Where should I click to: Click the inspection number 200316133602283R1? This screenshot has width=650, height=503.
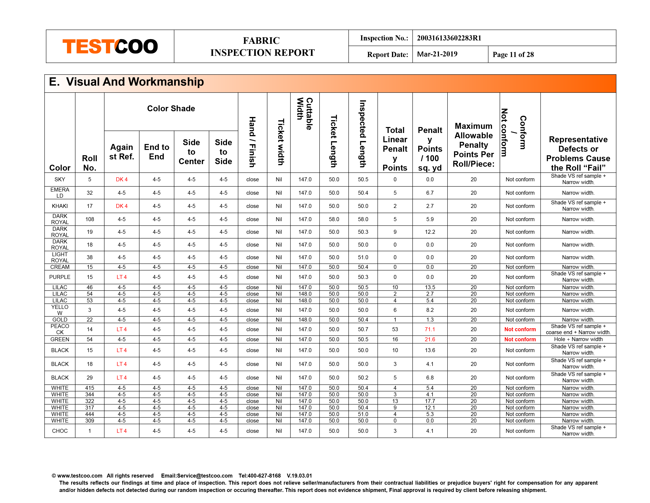click(449, 38)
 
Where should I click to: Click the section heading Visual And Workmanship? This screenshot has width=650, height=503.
click(135, 82)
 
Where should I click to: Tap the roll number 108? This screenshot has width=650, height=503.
click(90, 219)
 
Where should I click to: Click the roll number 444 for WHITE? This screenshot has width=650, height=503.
click(90, 414)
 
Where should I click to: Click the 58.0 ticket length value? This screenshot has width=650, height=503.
click(334, 219)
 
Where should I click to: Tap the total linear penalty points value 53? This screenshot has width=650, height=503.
click(395, 329)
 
